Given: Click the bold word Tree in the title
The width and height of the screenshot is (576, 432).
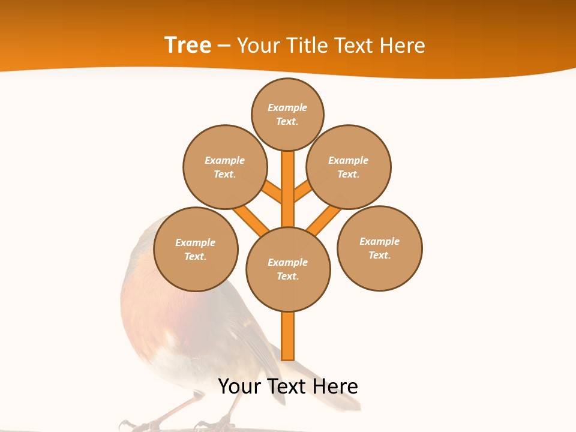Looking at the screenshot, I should coord(188,45).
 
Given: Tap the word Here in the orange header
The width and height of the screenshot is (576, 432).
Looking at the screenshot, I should coord(403,45).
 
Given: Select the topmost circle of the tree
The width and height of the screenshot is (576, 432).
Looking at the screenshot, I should coord(287,114).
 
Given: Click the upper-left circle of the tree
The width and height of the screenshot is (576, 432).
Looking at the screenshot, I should coord(225,167).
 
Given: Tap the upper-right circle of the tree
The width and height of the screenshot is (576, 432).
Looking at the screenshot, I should coord(349,167).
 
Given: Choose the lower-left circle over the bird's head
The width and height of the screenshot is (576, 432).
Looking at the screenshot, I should coord(196,249).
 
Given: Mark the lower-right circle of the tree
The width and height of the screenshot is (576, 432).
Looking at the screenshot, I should coord(380,248).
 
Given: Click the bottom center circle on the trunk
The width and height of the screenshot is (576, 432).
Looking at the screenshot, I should coord(288,269).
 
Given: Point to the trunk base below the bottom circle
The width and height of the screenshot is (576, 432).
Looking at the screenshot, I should coord(288,336).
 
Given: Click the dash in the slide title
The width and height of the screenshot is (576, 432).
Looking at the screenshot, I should coord(224,46).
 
